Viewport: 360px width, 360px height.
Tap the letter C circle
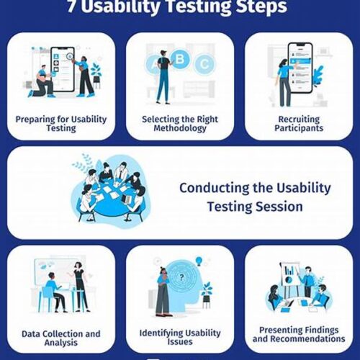(204, 64)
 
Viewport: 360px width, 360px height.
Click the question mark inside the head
(181, 278)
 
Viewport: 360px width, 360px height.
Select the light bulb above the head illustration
(199, 261)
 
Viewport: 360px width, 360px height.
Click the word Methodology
(180, 128)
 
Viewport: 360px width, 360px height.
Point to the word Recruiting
(299, 120)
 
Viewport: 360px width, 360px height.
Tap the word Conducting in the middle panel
(215, 188)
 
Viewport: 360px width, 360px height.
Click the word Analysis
(61, 343)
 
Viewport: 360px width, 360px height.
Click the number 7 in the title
(71, 6)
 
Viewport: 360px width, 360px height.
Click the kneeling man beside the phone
(42, 81)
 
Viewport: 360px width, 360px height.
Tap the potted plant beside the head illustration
(207, 294)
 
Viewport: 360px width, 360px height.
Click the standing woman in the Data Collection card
(79, 287)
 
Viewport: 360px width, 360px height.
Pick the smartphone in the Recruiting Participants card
(301, 68)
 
